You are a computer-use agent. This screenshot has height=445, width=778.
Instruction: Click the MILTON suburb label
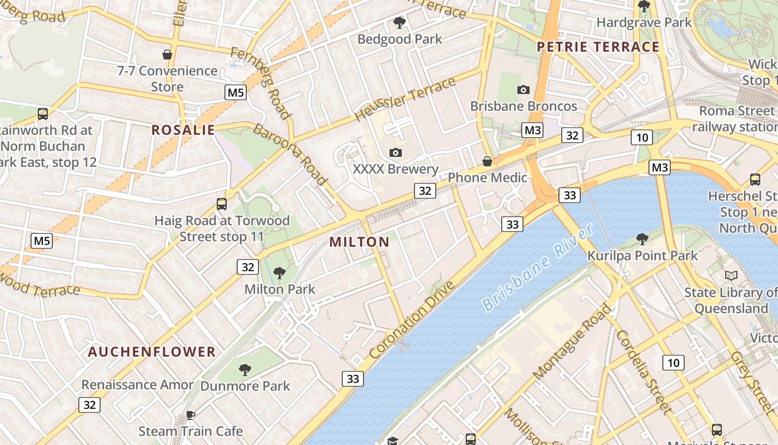[360, 242]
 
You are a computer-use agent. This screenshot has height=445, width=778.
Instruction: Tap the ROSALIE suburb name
[183, 130]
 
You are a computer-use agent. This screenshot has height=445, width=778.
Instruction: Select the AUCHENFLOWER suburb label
[152, 352]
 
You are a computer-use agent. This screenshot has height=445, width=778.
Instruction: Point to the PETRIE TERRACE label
[599, 47]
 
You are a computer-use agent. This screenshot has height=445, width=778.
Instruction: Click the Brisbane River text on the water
[537, 268]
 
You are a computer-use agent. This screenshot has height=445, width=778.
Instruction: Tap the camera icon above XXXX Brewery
[396, 152]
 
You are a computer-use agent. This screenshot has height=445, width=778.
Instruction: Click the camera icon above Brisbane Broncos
[523, 90]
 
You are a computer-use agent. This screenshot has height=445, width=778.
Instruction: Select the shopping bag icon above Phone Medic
[487, 161]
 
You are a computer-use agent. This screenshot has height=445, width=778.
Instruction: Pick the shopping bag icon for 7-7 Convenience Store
[167, 55]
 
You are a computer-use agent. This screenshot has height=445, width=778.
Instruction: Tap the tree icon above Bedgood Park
[399, 23]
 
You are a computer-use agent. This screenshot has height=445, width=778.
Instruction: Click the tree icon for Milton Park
[280, 273]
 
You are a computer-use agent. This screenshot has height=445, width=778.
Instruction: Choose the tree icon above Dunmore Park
[245, 369]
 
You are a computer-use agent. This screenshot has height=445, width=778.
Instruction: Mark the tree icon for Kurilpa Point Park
[642, 239]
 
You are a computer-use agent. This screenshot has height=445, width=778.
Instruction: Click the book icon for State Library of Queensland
[731, 275]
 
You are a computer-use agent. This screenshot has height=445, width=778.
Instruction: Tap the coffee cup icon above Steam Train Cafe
[190, 415]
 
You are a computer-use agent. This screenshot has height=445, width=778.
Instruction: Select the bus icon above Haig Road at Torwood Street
[222, 204]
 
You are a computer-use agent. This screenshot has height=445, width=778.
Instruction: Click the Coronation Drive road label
[412, 320]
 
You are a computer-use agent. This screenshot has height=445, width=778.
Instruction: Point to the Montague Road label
[572, 342]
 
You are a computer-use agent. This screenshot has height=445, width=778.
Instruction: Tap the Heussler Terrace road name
[405, 100]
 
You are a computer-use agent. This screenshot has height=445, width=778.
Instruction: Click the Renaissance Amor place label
[137, 384]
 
